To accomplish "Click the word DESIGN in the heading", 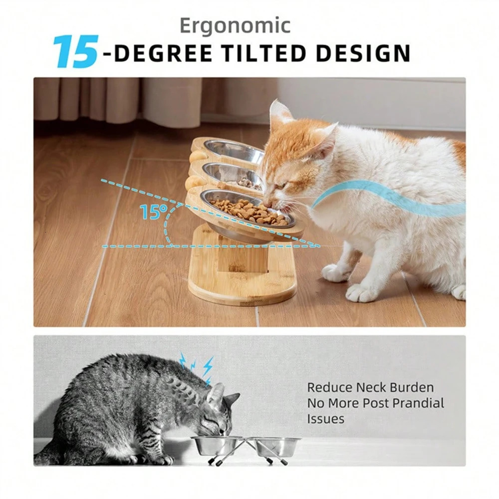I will coord(364,53).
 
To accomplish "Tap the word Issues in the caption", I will coord(325,419).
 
